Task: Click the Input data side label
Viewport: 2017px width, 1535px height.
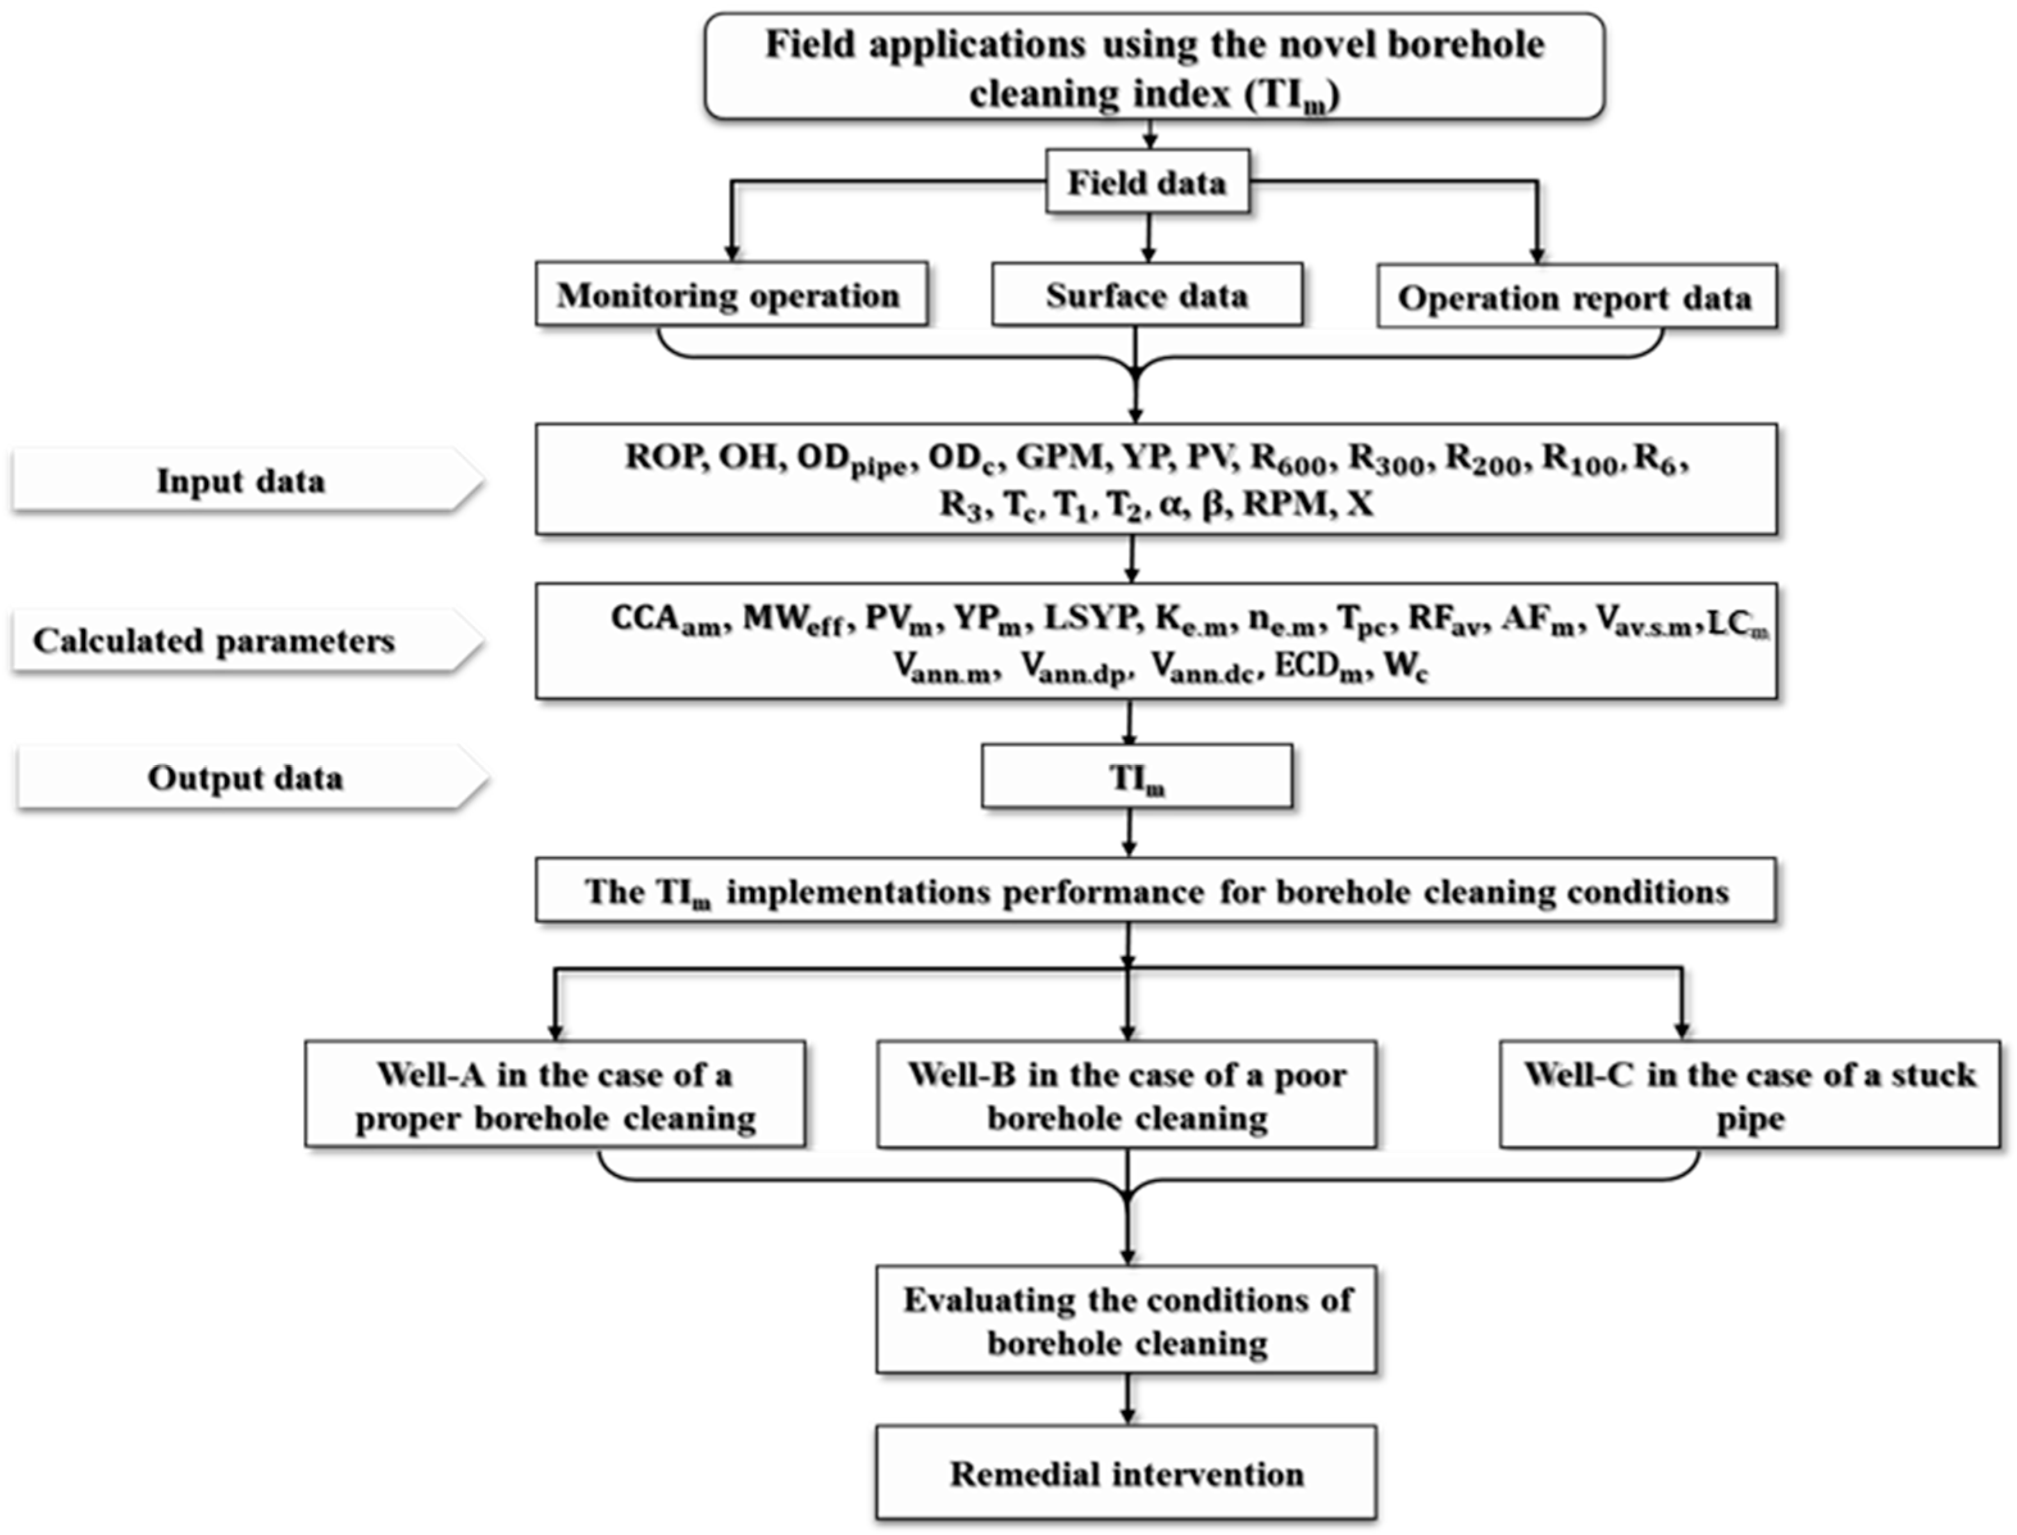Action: (241, 481)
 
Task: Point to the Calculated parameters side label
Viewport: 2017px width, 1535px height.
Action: (215, 640)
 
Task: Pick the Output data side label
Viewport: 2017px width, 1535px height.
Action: (245, 777)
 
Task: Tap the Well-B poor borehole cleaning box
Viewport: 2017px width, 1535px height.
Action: (1126, 1095)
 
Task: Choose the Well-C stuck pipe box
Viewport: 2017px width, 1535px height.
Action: (1749, 1095)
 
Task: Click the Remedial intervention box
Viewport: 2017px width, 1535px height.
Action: (1126, 1473)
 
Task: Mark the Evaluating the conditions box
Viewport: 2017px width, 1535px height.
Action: (1126, 1320)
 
